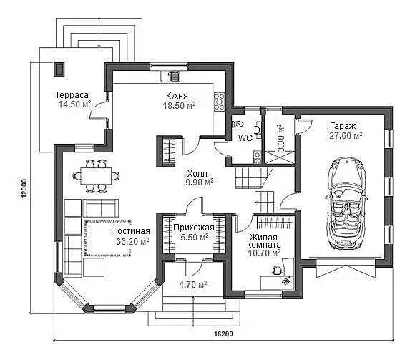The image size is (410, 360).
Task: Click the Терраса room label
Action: coord(72,94)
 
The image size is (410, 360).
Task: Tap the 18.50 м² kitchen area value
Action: coord(179,105)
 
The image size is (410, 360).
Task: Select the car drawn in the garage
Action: coord(346,203)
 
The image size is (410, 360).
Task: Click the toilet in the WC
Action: coord(238,124)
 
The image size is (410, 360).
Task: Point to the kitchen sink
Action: coord(170,77)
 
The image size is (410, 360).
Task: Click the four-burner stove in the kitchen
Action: coord(219,102)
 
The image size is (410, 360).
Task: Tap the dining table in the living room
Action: coord(96,176)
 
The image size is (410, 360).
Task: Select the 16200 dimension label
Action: coord(223,334)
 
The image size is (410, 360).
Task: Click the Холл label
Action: coord(197,174)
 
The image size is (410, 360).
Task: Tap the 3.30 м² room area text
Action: coord(281,138)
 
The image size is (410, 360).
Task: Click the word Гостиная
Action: coord(132,231)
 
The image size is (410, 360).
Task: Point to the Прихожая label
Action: coord(194,228)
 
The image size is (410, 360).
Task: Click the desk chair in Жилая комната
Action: coord(277,270)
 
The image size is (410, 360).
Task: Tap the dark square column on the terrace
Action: coord(59,69)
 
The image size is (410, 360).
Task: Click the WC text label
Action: coord(245,137)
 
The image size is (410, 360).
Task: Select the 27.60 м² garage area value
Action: coord(346,136)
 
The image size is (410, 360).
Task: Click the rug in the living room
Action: coord(108,237)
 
